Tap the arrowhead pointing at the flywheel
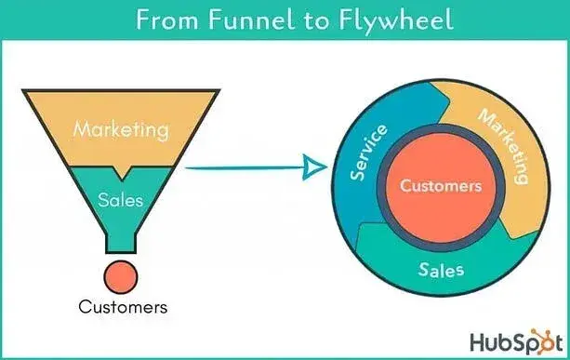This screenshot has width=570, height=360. pos(315,168)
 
